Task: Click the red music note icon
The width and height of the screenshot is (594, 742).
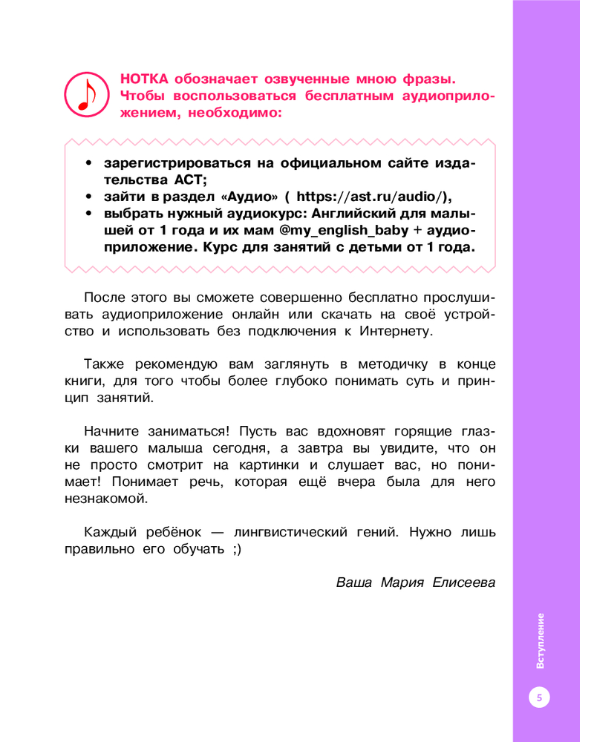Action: coord(87,95)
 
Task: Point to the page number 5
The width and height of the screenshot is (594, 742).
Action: coord(539,697)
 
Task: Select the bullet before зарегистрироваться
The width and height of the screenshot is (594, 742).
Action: coord(88,163)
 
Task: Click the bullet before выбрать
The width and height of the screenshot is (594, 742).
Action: coord(88,214)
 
